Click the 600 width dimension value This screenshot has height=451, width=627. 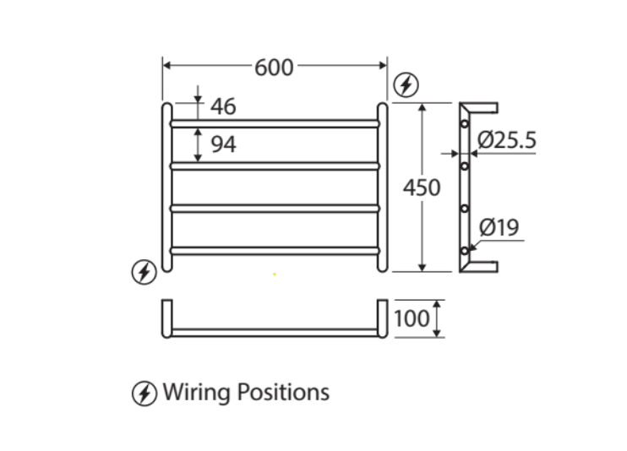[x=274, y=68]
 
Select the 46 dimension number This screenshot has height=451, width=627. [x=223, y=107]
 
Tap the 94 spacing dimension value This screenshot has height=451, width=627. [x=223, y=144]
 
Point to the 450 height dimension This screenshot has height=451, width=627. [x=422, y=187]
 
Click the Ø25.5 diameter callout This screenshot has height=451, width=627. [x=506, y=139]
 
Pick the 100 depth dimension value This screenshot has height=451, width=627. [x=412, y=318]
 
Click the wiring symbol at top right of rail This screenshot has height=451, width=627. [x=406, y=84]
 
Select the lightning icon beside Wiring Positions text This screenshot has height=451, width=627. [x=144, y=393]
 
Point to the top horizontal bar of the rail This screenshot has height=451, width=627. [x=275, y=123]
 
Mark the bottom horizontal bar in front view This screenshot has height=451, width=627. [x=275, y=249]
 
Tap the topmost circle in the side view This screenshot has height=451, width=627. [x=464, y=124]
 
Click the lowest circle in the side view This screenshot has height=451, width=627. [x=464, y=251]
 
